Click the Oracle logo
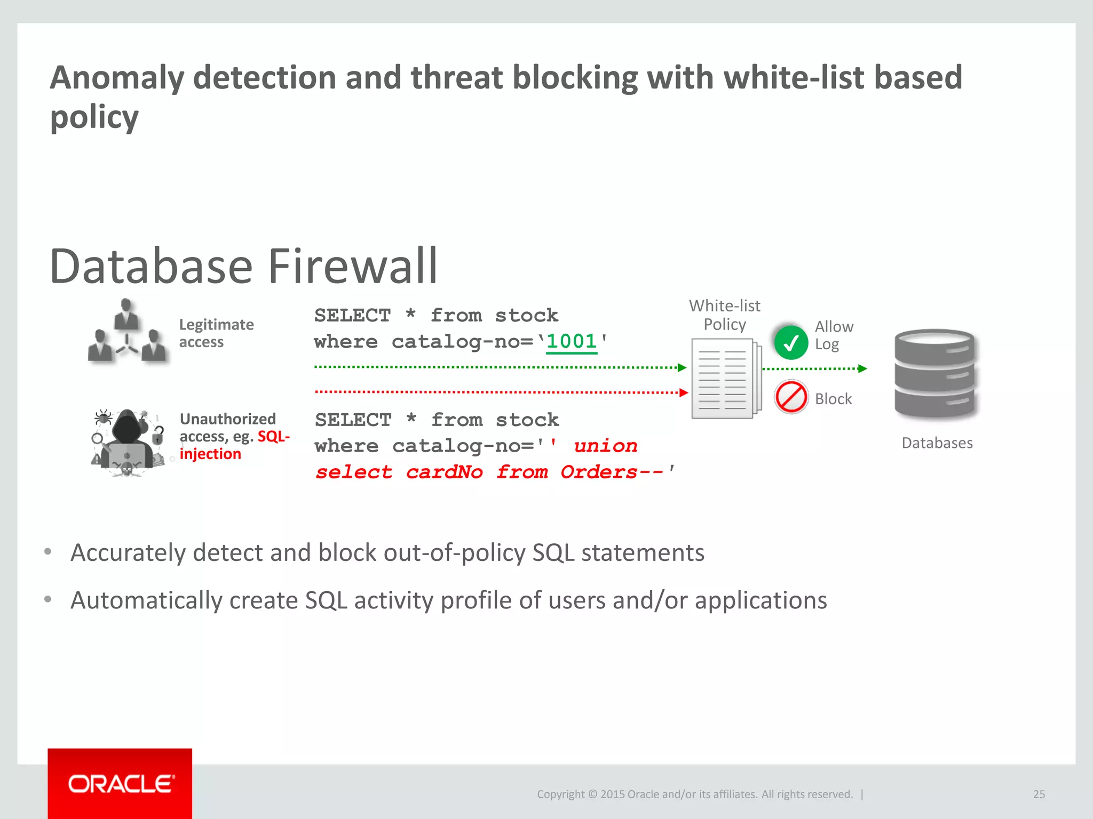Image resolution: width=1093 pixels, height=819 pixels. pyautogui.click(x=121, y=784)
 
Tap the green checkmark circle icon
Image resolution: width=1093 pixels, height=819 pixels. pyautogui.click(x=791, y=342)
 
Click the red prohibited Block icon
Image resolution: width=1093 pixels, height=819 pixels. pyautogui.click(x=791, y=397)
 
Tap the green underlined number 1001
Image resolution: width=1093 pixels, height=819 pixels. pyautogui.click(x=571, y=341)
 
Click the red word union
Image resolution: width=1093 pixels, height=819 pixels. pyautogui.click(x=606, y=446)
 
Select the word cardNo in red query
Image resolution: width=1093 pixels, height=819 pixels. pyautogui.click(x=445, y=472)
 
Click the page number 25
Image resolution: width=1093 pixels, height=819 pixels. pyautogui.click(x=1039, y=794)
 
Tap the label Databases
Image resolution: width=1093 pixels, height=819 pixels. pyautogui.click(x=937, y=443)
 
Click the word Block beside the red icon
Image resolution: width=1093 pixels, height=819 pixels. pyautogui.click(x=833, y=399)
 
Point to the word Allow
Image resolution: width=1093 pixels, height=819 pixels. pyautogui.click(x=834, y=326)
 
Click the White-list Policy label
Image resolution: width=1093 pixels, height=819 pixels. pyautogui.click(x=725, y=315)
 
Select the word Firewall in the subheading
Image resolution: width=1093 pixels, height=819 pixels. pyautogui.click(x=352, y=266)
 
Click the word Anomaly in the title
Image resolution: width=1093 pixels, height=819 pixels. pyautogui.click(x=117, y=78)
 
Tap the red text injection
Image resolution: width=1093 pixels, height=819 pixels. pyautogui.click(x=210, y=454)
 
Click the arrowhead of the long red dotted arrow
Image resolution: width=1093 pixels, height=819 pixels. pyautogui.click(x=684, y=393)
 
